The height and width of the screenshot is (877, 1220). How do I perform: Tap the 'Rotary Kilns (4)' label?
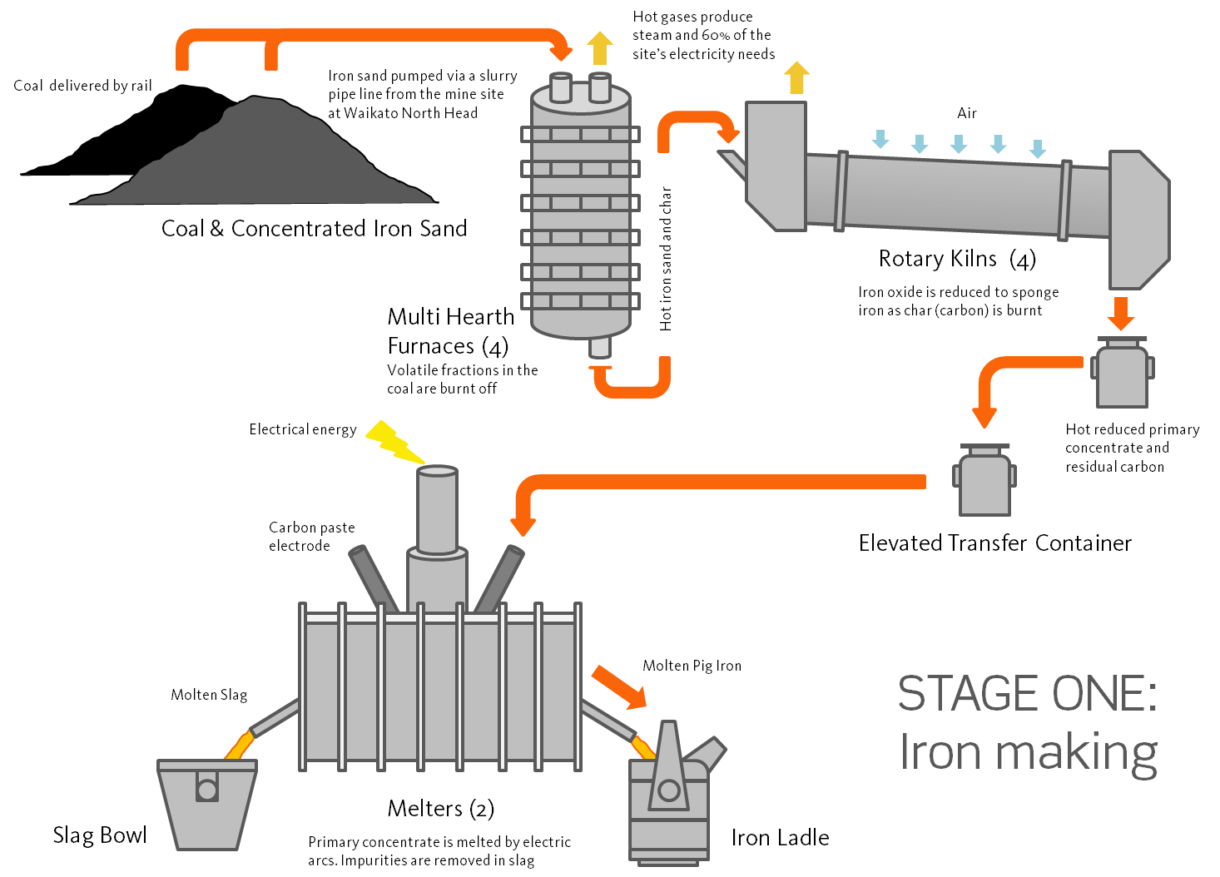(x=957, y=259)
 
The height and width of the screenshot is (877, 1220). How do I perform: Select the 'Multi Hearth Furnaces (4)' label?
(x=450, y=331)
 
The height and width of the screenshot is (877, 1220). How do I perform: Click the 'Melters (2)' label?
(x=440, y=809)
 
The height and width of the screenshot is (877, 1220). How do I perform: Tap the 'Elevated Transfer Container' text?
(x=995, y=543)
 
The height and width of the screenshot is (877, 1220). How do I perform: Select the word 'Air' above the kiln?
(x=966, y=113)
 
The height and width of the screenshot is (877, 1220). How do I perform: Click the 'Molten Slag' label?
(x=209, y=695)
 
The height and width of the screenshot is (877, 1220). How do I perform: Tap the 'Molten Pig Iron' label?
(x=692, y=666)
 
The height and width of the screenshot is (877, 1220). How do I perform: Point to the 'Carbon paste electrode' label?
(x=311, y=537)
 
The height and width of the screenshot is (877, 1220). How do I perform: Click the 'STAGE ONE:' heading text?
(x=1027, y=693)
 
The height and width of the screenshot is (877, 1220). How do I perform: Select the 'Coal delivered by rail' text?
(x=83, y=86)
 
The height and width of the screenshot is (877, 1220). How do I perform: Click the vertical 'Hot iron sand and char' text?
(x=666, y=259)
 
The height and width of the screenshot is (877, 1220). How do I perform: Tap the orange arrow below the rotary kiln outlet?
(x=1122, y=314)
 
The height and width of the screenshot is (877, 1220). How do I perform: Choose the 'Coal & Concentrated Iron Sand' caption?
(x=314, y=229)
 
